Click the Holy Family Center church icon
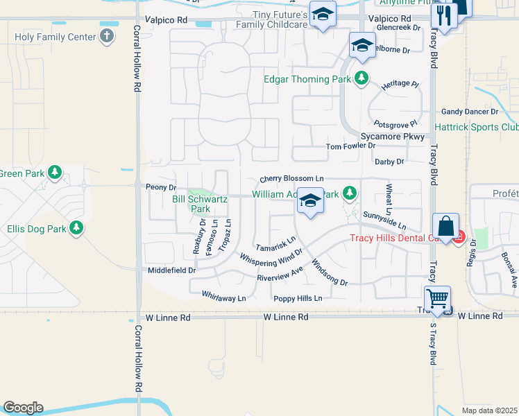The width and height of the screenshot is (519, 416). [106, 36]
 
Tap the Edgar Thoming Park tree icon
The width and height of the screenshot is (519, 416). [361, 79]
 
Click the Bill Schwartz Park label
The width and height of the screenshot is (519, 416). [191, 204]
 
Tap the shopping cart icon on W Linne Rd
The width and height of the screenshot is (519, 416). [437, 299]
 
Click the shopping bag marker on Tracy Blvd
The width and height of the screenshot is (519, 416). [445, 225]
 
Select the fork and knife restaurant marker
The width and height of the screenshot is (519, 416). [442, 15]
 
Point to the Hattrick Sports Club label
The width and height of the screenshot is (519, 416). [476, 128]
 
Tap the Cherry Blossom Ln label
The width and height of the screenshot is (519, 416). [292, 179]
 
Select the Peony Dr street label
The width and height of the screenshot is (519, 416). [161, 187]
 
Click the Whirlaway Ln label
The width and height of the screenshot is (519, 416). [223, 298]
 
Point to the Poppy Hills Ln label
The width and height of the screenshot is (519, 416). [298, 298]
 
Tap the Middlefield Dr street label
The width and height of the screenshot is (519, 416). [172, 270]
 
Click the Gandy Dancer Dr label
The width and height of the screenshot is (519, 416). [470, 111]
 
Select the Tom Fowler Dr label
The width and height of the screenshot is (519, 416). [350, 146]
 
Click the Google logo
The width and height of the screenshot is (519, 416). [22, 408]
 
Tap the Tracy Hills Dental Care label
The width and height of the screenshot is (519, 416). [398, 239]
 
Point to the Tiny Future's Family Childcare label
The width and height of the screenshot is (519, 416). [272, 19]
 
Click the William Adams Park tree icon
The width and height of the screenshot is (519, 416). [352, 193]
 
